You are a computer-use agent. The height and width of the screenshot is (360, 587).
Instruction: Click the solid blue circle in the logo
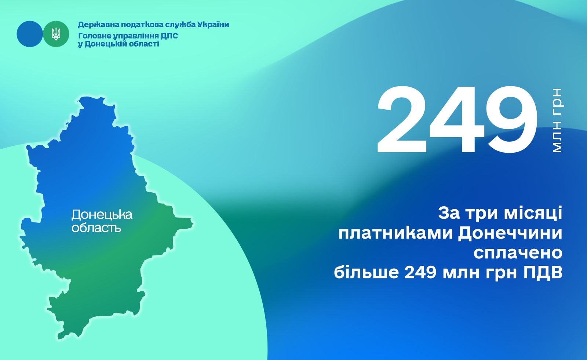(x=30, y=34)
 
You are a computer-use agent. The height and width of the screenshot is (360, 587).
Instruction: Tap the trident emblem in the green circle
(x=56, y=34)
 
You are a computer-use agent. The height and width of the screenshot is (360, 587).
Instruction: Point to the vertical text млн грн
(x=557, y=120)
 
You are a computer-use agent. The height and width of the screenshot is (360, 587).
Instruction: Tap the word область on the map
(x=96, y=228)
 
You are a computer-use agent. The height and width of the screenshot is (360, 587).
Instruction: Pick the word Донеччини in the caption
(x=510, y=234)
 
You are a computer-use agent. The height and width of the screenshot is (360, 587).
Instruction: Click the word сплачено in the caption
(x=518, y=253)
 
